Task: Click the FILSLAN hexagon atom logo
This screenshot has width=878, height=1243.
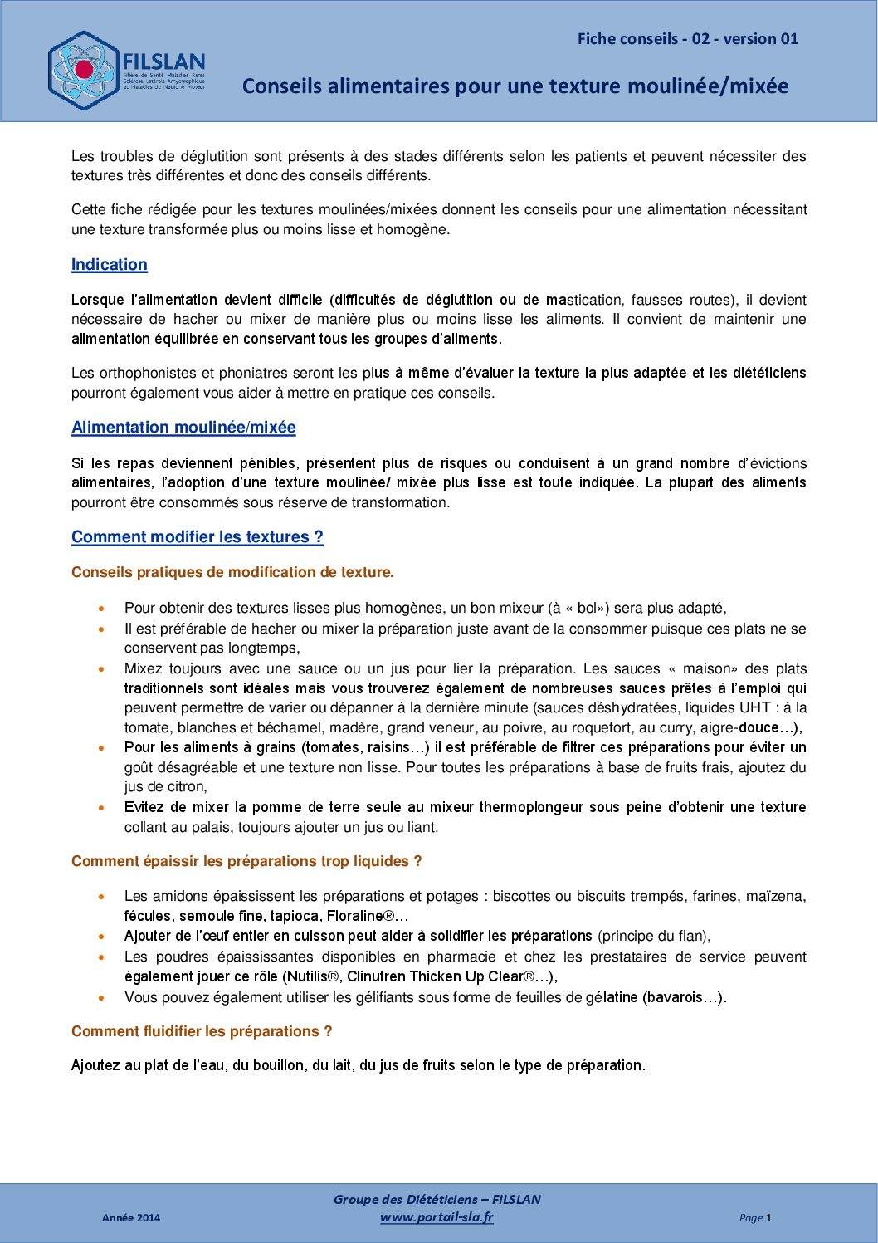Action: tap(84, 71)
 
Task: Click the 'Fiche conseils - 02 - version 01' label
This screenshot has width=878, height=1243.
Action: tap(687, 39)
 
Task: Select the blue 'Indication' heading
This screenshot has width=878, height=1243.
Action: tap(110, 265)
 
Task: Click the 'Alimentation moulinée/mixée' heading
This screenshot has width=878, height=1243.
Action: tap(183, 428)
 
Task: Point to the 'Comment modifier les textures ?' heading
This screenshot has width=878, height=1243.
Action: tap(198, 537)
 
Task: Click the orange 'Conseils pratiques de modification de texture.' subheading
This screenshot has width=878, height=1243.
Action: tap(232, 572)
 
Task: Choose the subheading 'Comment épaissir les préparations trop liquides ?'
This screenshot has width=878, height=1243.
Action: tap(246, 861)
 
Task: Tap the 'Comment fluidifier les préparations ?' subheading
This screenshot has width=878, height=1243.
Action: tap(202, 1031)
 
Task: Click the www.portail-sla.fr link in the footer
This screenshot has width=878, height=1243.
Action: tap(437, 1217)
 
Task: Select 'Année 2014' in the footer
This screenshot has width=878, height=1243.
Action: tap(131, 1218)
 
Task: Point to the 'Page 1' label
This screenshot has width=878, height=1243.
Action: tap(755, 1218)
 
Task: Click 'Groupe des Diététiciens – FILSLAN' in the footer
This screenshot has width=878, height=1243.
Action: tap(437, 1199)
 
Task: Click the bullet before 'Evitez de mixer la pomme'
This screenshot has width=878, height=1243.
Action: tap(101, 807)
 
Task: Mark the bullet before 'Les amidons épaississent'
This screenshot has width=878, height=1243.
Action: tap(101, 897)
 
